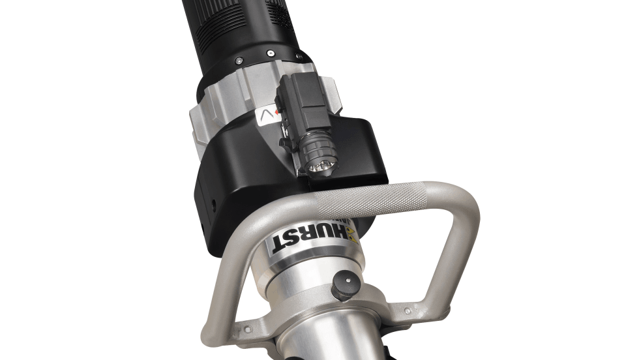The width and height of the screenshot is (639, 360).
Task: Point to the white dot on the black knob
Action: coord(348,280)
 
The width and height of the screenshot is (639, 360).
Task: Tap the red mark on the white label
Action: coord(277,112)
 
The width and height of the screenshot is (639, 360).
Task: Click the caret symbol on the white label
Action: coord(267,116)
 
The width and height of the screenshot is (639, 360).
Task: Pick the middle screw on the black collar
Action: coord(269,53)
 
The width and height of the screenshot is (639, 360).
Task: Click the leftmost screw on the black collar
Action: coord(237,61)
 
